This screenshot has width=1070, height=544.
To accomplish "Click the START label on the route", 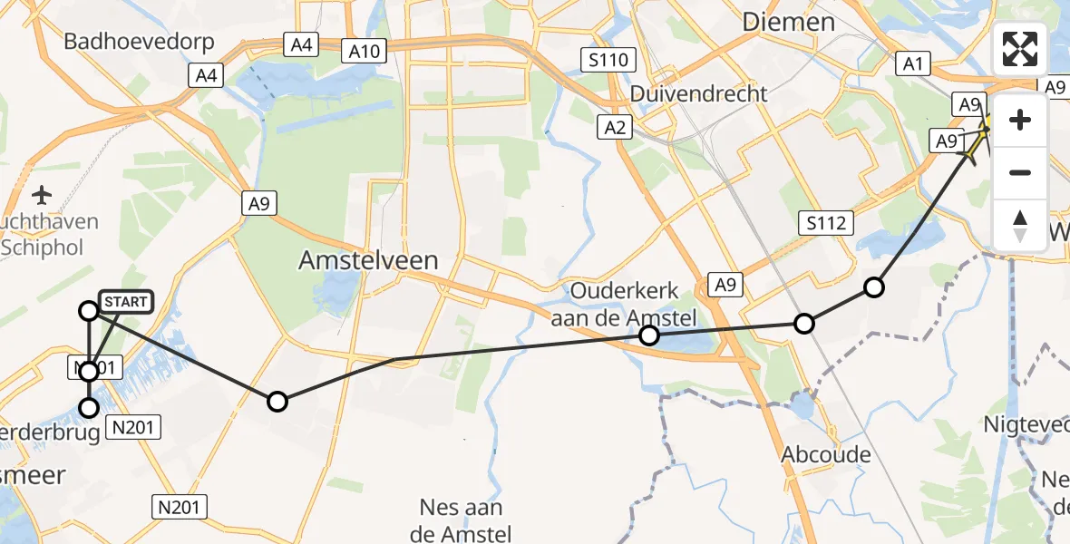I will coord(123,302).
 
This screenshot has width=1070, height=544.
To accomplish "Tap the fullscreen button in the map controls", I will coord(1020,49).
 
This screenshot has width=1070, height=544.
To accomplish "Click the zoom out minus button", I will coord(1020,172).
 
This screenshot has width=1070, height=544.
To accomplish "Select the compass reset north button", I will coord(1020,224).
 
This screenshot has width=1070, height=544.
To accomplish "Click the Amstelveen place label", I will coord(368,261).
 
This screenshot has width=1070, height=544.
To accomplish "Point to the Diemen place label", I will coord(788,22).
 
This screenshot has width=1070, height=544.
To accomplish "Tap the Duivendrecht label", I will coord(698,93).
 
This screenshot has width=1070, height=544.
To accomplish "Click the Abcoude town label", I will coord(826,454).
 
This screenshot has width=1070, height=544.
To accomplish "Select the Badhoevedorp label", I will coord(139,42).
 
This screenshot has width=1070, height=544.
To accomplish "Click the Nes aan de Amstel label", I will coord(462,520).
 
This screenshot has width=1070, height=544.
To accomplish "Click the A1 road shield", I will coord(911,63).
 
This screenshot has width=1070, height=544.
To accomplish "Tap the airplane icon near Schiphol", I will coord(42,194).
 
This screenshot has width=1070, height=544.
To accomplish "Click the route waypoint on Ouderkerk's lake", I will coord(649,335).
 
